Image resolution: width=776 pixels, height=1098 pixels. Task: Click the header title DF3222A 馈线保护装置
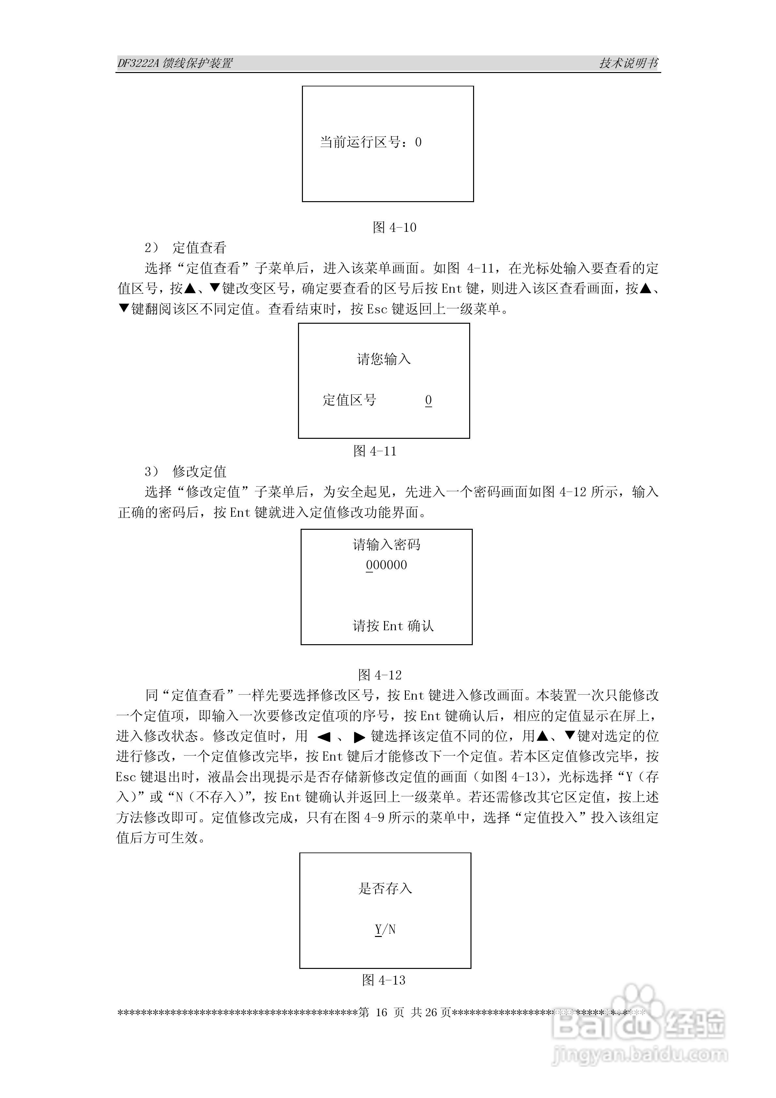coord(175,63)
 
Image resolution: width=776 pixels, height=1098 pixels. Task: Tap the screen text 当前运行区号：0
coord(370,142)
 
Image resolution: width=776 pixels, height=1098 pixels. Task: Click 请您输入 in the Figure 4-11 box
coord(384,359)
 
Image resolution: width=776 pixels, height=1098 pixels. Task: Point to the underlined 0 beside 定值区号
coord(428,400)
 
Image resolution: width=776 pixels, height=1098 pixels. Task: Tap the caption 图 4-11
coord(375,451)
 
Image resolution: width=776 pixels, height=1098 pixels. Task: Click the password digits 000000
coord(387,565)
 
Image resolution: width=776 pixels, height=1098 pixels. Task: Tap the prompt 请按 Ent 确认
coord(393,626)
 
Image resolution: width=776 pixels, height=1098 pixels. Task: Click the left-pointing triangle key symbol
coord(324,737)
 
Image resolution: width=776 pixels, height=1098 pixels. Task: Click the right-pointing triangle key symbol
coord(359,737)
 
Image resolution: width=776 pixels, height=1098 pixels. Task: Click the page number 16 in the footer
coord(381,1012)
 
